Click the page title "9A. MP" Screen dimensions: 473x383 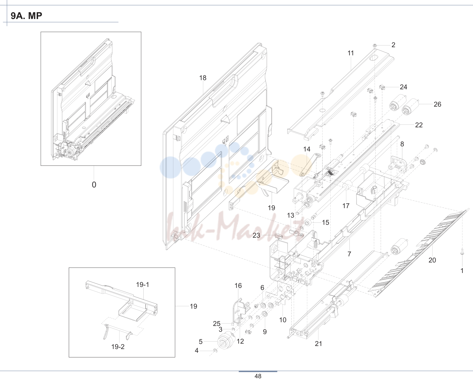[26, 16]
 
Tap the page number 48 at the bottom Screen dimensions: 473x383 [258, 376]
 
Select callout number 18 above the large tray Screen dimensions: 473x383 [203, 78]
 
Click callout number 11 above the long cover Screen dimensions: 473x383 [351, 53]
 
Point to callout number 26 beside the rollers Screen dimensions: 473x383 [437, 104]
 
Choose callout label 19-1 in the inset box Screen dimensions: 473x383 [143, 285]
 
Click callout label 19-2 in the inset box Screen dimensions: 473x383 [118, 347]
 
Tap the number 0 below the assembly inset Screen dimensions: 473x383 [94, 185]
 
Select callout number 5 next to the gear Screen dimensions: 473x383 [201, 342]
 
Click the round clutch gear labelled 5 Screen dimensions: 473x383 [225, 340]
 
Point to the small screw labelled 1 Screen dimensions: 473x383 [462, 254]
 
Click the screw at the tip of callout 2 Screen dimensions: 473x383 [375, 46]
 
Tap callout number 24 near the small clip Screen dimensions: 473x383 [403, 87]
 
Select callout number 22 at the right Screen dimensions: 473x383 [419, 125]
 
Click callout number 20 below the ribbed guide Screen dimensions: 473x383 [432, 260]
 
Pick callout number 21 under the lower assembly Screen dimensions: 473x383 [319, 344]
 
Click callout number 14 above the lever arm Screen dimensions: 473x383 [307, 149]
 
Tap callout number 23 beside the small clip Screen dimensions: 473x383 [256, 235]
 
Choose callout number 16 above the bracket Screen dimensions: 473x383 [238, 286]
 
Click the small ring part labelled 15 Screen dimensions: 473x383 [308, 222]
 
